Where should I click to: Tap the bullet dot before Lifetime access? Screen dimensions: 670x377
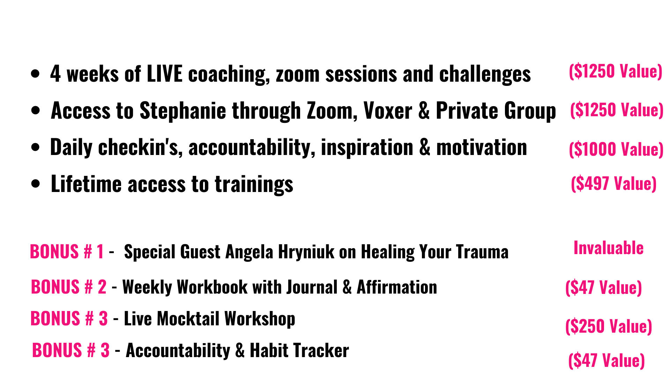(35, 184)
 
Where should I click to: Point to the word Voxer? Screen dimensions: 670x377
(388, 111)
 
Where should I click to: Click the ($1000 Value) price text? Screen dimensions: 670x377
(616, 149)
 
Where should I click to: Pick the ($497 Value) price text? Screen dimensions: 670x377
(614, 184)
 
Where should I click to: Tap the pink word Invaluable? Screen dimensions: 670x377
(609, 248)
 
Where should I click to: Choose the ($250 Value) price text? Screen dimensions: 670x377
(609, 326)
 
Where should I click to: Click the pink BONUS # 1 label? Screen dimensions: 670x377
(67, 252)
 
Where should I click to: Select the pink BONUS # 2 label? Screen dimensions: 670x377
(69, 287)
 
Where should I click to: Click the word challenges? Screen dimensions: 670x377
(485, 74)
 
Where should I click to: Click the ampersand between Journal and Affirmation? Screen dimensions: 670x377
(347, 287)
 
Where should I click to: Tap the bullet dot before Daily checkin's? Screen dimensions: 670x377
(35, 147)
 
